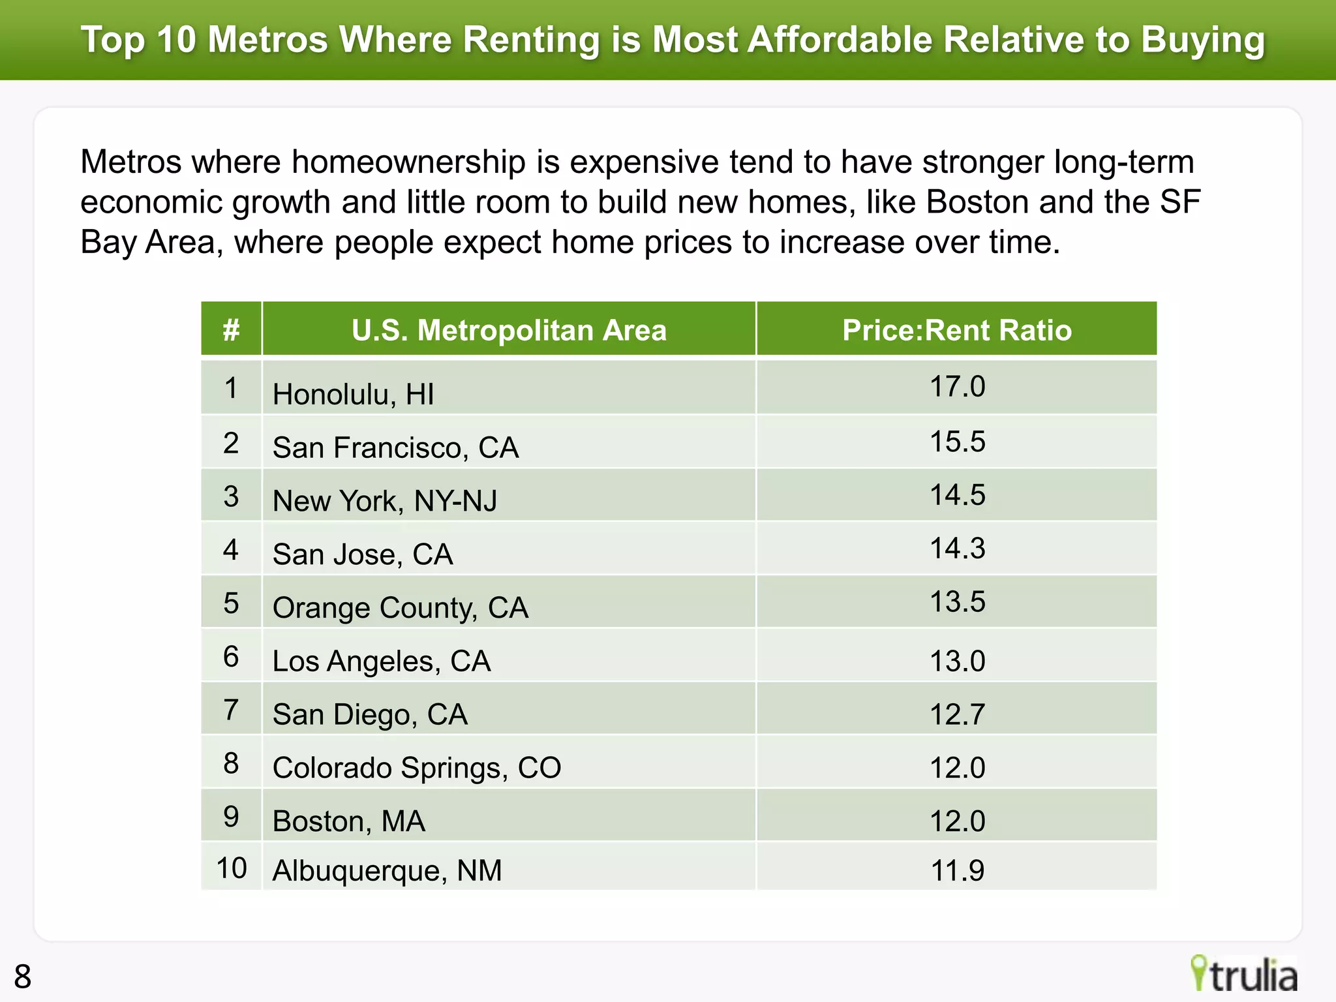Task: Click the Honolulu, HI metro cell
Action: coord(353,394)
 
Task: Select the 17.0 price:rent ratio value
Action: coord(957,386)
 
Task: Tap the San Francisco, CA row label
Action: coord(395,448)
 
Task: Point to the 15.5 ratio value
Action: coord(957,442)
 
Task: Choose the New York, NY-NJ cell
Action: coord(385,501)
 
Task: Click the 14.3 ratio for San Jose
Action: coord(957,548)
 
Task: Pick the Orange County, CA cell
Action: coord(400,607)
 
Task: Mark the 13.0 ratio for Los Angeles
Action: coord(957,661)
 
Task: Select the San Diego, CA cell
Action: coord(370,714)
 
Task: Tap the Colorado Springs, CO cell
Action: coord(416,768)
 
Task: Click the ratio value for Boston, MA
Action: coord(957,821)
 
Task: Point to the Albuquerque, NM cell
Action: coord(387,870)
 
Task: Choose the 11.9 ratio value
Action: coord(957,870)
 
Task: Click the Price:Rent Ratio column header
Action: coord(957,330)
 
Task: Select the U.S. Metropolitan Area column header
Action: coord(509,330)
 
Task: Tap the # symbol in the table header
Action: coord(231,330)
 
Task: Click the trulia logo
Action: coord(1244,975)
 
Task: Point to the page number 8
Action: coord(22,977)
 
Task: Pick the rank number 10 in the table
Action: coord(231,868)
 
